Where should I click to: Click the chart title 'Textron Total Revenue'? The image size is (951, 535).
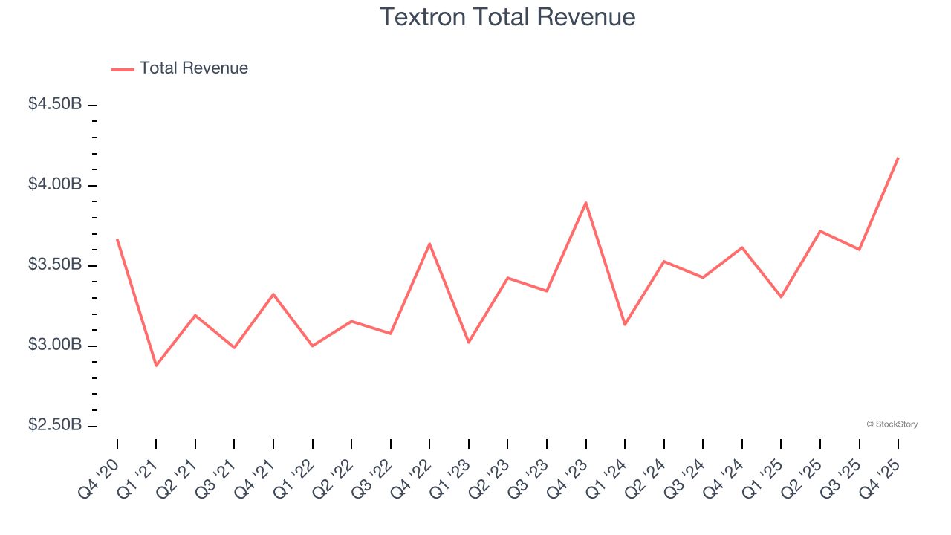coord(507,17)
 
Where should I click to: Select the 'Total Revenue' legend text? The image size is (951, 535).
coord(193,68)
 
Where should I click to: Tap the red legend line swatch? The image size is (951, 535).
coord(123,69)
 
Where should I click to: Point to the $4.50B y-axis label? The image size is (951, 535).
coord(55,104)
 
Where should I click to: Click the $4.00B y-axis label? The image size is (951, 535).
coord(55,184)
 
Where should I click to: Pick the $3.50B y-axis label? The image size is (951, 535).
coord(55,265)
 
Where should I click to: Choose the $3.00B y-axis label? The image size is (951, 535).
coord(55,346)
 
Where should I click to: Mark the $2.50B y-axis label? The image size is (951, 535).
coord(55,426)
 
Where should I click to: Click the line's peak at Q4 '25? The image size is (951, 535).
coord(898,158)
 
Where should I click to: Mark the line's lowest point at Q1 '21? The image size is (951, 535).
coord(156,366)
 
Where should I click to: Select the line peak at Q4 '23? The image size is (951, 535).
coord(586,202)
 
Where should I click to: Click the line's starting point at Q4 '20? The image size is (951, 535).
coord(117,239)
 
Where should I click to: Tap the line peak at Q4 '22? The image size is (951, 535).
coord(429,243)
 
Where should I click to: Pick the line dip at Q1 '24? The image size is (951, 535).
coord(625,325)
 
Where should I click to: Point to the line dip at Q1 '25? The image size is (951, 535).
coord(781,297)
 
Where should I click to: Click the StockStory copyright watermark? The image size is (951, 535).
coord(892,424)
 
